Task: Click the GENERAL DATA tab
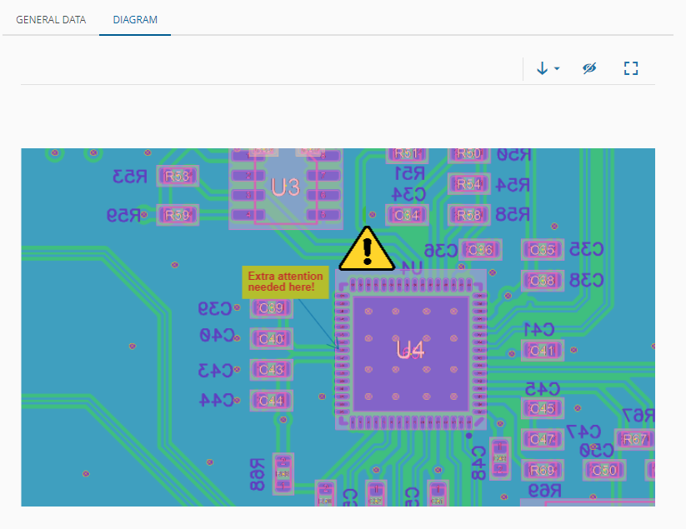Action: (51, 19)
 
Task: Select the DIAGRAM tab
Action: (135, 19)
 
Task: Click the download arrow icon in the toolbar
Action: (543, 68)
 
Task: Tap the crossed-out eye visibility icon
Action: (589, 68)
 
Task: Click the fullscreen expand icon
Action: (631, 68)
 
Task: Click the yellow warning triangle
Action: (367, 249)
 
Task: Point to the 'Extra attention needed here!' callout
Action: (282, 282)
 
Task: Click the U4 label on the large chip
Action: (410, 350)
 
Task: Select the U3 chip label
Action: (285, 187)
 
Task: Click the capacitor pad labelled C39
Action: (272, 308)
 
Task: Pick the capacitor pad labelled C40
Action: (272, 339)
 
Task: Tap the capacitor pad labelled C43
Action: (272, 370)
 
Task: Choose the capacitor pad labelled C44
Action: (272, 401)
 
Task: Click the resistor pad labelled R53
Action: (178, 177)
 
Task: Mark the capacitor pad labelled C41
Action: (543, 351)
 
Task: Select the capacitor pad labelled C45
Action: (543, 408)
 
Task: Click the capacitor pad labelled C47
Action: (543, 439)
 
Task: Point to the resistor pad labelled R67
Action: (635, 439)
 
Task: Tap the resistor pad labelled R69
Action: (543, 470)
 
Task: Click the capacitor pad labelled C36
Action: (480, 249)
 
